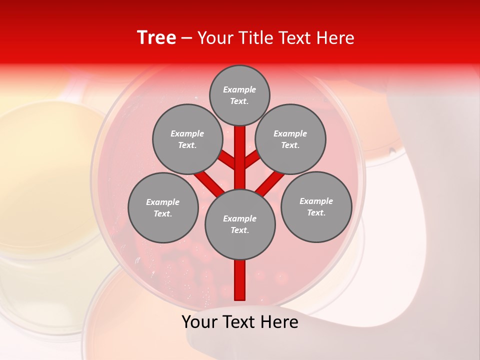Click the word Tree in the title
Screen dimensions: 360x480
156,37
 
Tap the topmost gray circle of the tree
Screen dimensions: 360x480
239,95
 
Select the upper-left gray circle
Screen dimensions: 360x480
187,139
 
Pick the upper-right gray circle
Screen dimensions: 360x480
290,139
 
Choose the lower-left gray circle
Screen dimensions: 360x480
163,207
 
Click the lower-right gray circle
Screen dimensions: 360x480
316,206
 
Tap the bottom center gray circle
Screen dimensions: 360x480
240,224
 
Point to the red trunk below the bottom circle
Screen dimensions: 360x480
240,280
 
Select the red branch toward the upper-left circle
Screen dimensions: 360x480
228,160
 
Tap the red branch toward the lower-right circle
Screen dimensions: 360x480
270,183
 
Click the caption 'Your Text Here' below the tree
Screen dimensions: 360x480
240,322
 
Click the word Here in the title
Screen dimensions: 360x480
335,38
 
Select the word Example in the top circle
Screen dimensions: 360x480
239,89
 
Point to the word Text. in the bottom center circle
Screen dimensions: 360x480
239,230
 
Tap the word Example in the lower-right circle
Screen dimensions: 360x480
316,201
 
